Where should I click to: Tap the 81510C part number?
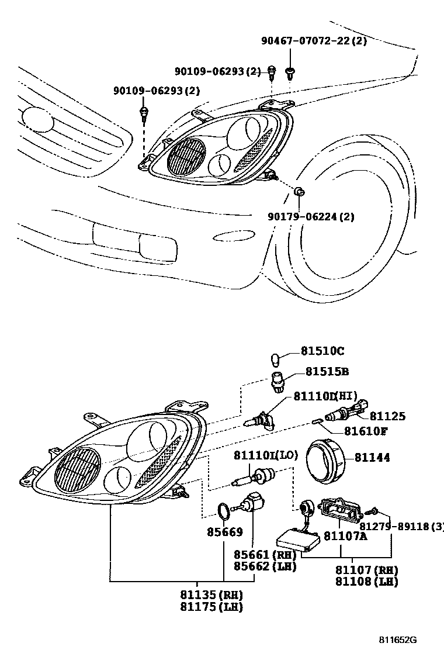pos(322,351)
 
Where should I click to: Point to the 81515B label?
pos(327,372)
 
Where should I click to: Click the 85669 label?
pos(224,533)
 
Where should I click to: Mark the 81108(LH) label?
pos(367,582)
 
